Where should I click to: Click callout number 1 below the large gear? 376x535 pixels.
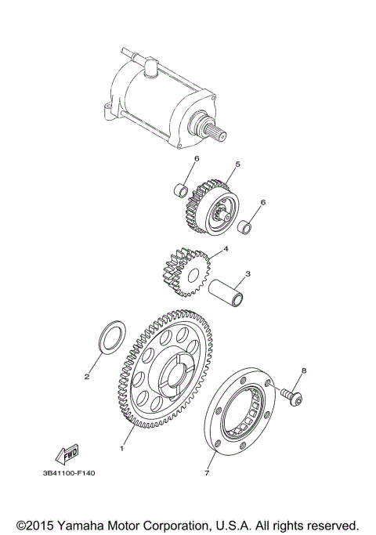[x=121, y=449]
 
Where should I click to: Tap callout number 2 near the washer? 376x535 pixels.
[x=87, y=376]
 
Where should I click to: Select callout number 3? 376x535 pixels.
[x=248, y=274]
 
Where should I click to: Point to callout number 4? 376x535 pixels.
[x=226, y=250]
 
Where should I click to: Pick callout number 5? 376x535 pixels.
[x=237, y=164]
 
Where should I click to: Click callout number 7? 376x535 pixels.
[x=208, y=473]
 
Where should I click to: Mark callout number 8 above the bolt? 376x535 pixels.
[x=304, y=370]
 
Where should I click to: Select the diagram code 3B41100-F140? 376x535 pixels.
[x=71, y=473]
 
